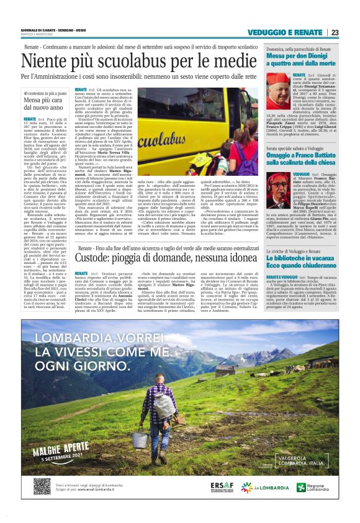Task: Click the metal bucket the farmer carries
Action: [140, 439]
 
